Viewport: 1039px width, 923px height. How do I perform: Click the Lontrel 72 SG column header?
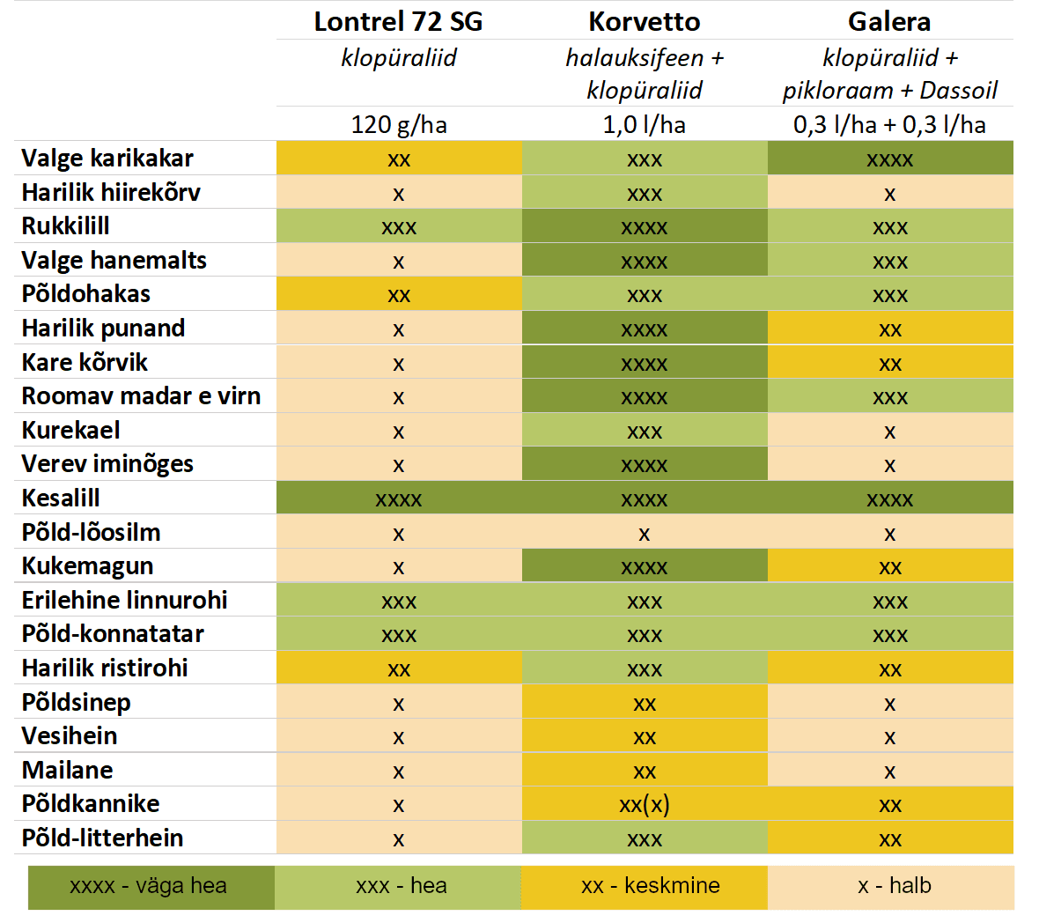point(398,21)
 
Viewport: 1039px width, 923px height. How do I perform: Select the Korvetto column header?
point(644,21)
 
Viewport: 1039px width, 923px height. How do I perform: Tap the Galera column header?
point(889,21)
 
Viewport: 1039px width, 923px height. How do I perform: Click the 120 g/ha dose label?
point(398,124)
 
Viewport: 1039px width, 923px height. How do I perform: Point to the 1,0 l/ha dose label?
point(644,124)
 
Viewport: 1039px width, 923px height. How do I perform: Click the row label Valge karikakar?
point(107,159)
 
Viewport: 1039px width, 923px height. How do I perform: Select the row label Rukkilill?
point(66,226)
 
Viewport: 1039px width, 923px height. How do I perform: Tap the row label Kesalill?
point(61,498)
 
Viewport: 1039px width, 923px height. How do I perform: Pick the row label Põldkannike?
point(91,804)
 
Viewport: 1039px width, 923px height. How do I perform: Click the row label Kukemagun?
point(87,566)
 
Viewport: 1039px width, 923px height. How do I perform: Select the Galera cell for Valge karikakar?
point(889,159)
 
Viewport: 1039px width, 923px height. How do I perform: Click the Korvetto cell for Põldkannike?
point(644,804)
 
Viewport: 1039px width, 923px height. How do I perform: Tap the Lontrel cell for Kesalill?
point(398,499)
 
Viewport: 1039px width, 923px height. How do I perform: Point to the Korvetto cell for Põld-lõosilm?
point(644,533)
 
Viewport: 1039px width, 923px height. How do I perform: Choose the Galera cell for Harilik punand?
point(889,329)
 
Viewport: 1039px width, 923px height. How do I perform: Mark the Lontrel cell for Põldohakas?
point(398,295)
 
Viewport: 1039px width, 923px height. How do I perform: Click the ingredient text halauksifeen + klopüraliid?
point(644,74)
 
